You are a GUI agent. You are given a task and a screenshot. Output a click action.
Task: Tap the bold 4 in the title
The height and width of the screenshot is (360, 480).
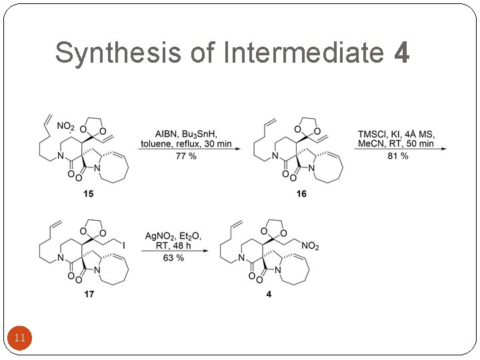click(x=401, y=53)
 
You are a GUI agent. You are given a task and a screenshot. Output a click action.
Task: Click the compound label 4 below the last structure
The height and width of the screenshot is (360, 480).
click(x=269, y=295)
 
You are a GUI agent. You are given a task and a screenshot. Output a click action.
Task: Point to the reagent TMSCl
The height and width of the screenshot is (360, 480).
click(x=372, y=132)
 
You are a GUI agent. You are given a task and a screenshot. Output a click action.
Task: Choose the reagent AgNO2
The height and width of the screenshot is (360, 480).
click(x=161, y=235)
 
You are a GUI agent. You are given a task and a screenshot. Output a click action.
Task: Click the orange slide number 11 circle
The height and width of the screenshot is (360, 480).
click(x=19, y=339)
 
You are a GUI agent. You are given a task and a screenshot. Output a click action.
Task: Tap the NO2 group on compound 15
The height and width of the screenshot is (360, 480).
click(x=65, y=125)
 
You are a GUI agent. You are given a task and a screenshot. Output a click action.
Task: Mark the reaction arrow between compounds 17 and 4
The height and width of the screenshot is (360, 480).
click(x=173, y=249)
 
